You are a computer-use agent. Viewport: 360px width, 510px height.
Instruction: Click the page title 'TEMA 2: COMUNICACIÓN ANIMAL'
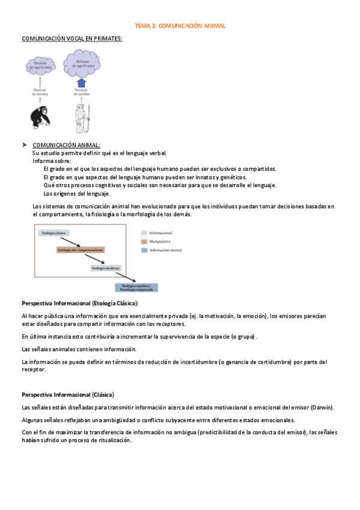pos(180,26)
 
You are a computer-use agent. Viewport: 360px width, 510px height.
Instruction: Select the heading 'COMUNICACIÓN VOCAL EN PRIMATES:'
pos(72,38)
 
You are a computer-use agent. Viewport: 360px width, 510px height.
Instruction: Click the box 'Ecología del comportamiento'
pos(81,250)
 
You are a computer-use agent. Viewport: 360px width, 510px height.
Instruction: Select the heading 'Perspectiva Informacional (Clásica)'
pos(68,395)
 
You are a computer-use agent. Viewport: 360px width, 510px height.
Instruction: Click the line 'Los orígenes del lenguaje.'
pos(76,194)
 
